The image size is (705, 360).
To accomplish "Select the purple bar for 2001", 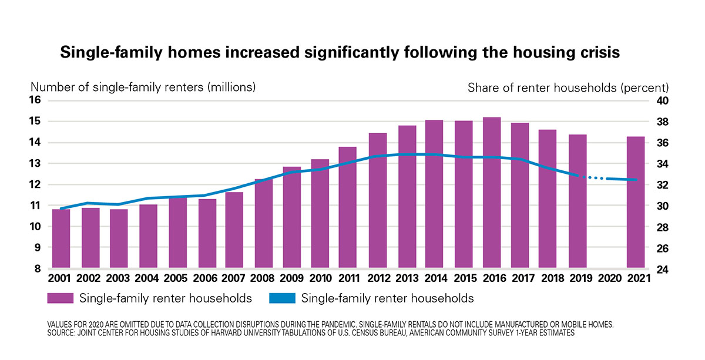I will [61, 238].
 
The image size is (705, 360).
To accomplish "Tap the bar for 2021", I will [636, 202].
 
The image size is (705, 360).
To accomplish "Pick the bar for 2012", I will [377, 200].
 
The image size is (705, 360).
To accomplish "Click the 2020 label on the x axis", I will [607, 278].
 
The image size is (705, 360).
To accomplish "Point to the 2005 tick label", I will [176, 278].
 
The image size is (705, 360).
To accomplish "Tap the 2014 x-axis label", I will [435, 278].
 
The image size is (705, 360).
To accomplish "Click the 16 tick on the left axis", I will [36, 100].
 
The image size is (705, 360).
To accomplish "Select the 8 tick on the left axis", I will [39, 269].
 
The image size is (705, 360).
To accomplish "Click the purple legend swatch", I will [61, 298].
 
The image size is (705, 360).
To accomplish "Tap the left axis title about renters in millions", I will [143, 87].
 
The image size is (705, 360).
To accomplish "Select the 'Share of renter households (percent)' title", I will [568, 88].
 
